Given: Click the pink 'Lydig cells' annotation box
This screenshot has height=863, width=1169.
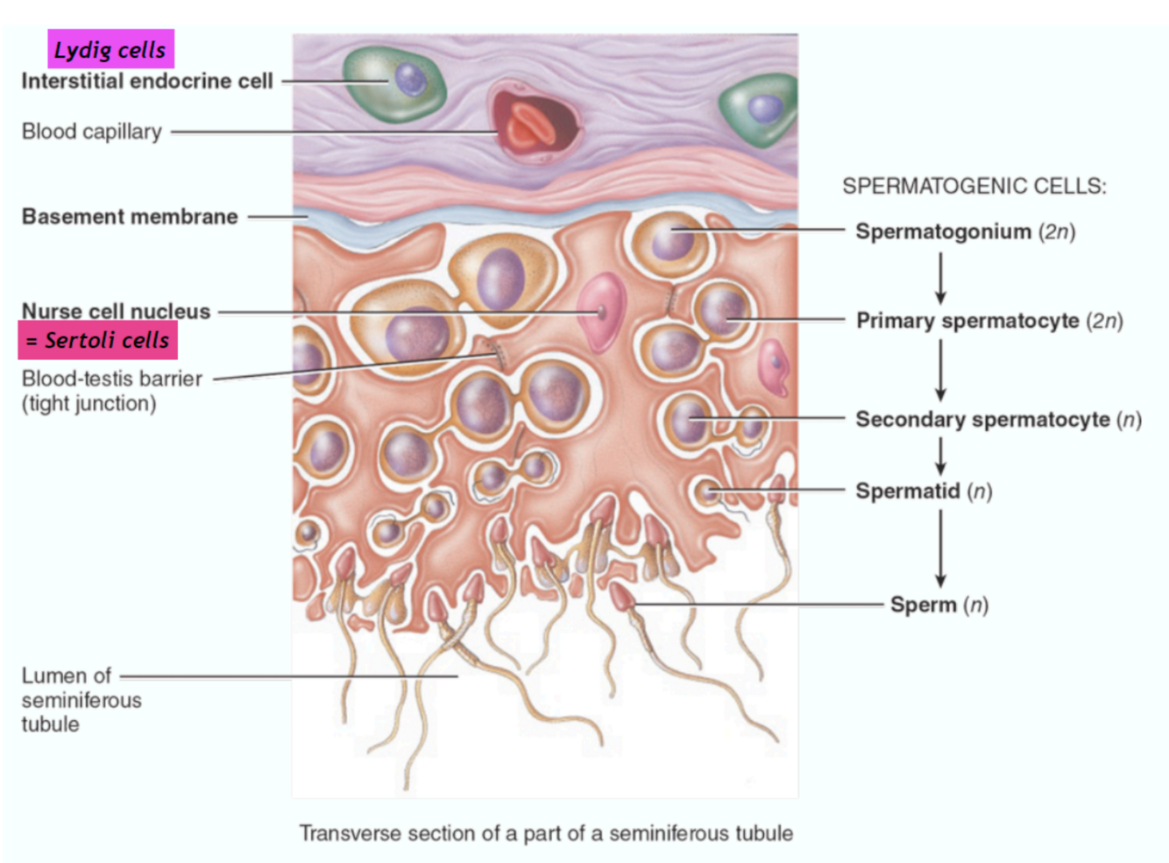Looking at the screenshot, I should point(110,49).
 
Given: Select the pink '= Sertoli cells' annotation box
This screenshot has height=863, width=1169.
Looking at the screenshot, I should point(98,340).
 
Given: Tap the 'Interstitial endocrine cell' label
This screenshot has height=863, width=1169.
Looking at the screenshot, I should point(147,81).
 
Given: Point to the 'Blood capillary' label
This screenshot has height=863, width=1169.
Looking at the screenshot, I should point(92,131).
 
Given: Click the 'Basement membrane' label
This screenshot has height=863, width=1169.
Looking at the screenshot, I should point(130,216).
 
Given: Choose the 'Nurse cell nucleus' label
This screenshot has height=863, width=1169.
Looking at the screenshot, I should point(117,311).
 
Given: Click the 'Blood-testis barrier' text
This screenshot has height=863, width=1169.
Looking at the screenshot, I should point(112,378).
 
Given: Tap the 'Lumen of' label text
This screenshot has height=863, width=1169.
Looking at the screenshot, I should point(67,676).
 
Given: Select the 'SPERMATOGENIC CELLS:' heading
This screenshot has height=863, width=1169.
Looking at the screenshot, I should point(974,186).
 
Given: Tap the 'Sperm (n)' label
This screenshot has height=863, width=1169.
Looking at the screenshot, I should point(939,605).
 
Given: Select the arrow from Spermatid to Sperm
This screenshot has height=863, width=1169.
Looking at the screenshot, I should point(940,547).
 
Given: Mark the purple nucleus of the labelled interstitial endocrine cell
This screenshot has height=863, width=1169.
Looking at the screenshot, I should point(409,80).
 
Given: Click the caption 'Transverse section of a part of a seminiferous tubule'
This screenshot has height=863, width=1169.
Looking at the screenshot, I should point(546,832).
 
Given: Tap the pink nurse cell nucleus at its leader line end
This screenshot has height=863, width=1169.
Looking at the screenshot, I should point(601,311).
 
